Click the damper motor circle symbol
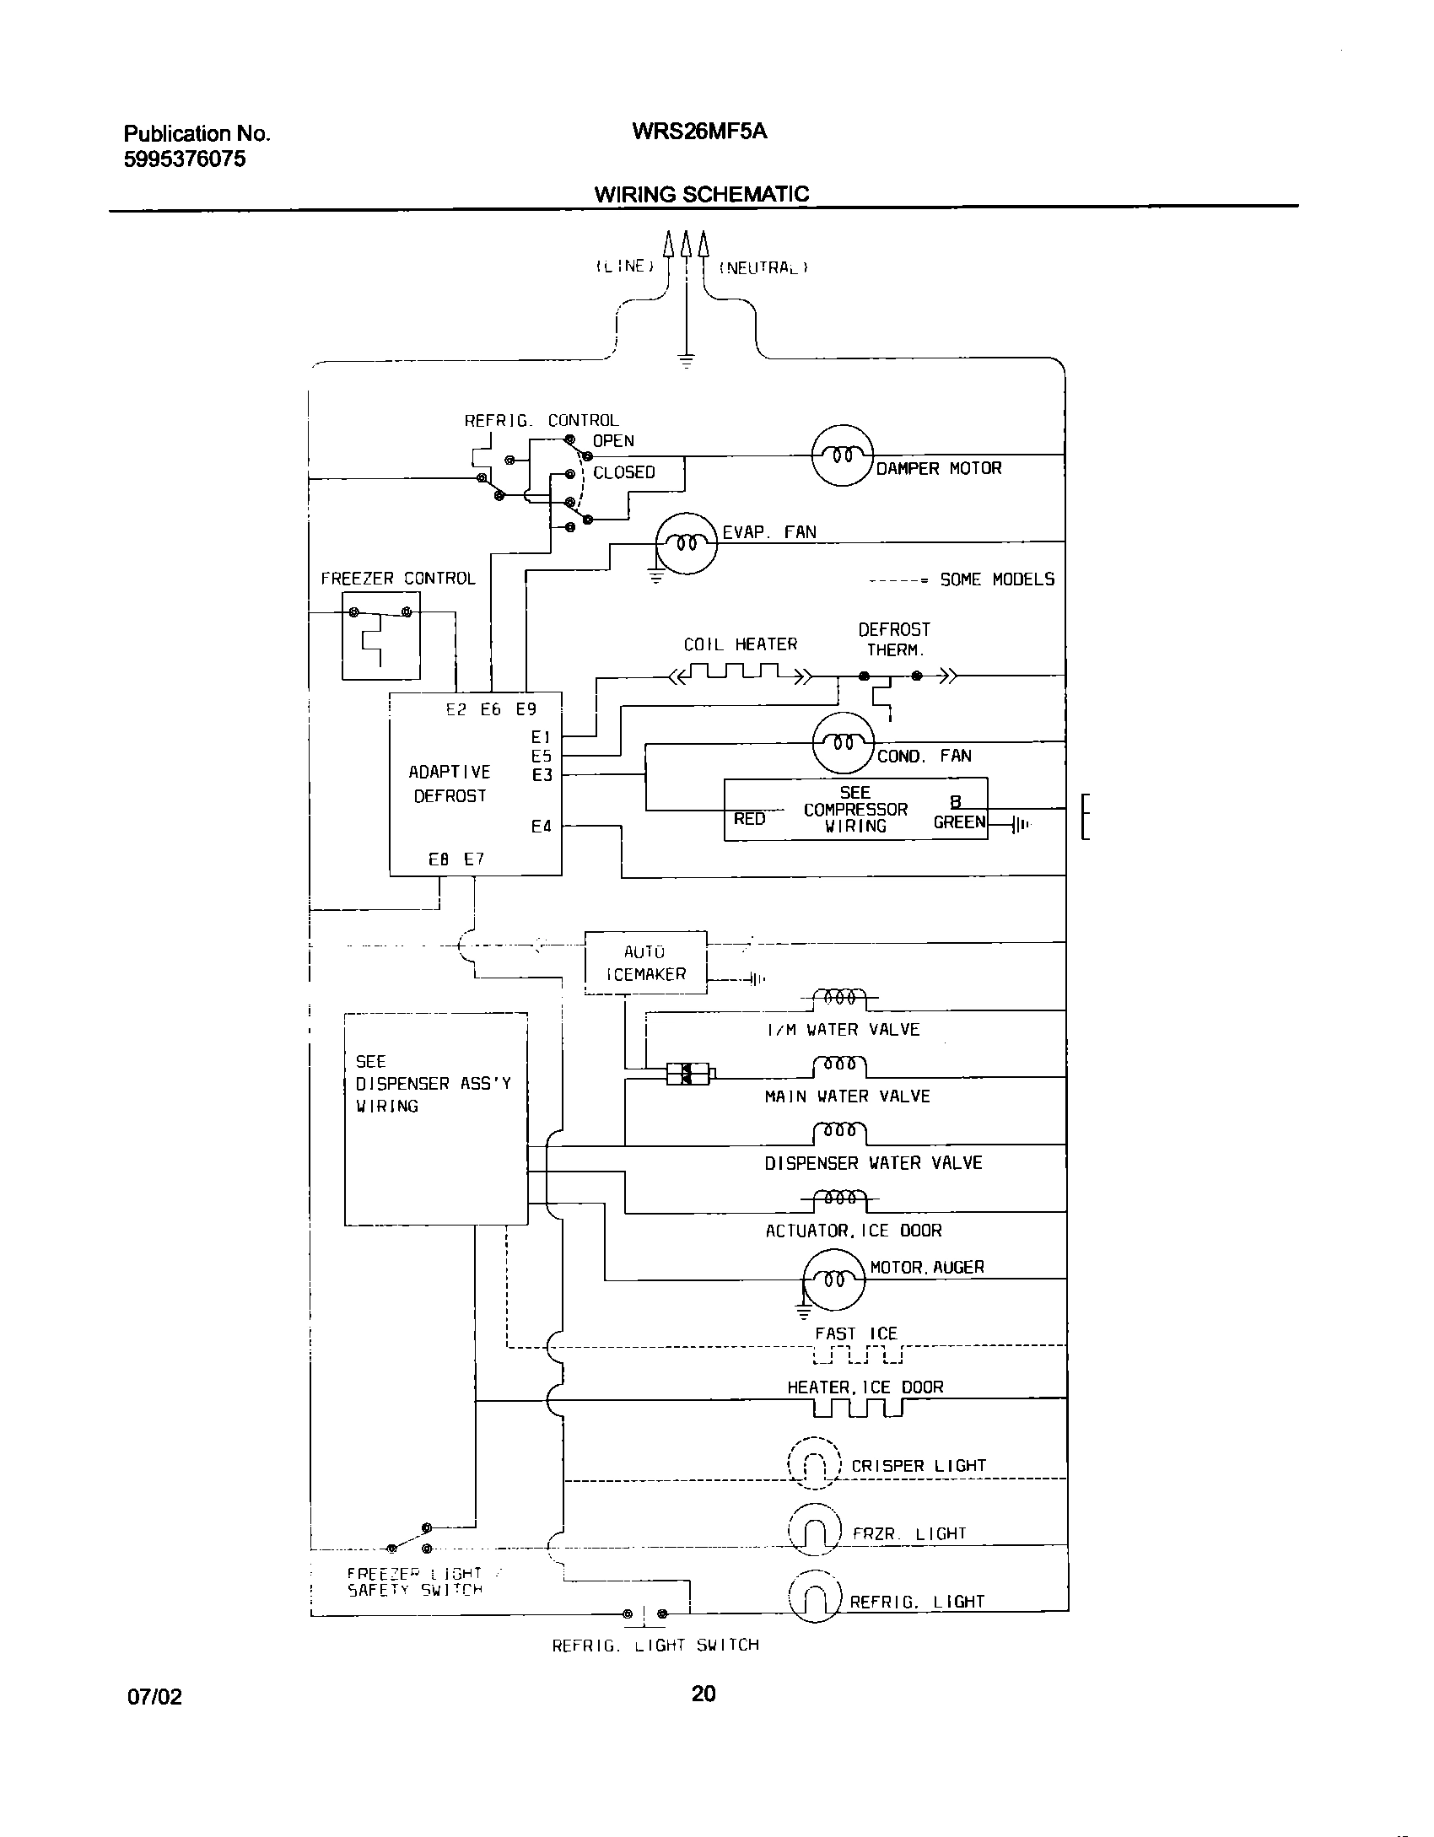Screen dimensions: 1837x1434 pyautogui.click(x=842, y=455)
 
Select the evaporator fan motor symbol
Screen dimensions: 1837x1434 pyautogui.click(x=687, y=544)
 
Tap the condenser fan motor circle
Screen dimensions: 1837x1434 pyautogui.click(x=843, y=743)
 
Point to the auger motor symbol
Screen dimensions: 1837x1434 pyautogui.click(x=833, y=1279)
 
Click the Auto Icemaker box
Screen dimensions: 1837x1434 pyautogui.click(x=645, y=963)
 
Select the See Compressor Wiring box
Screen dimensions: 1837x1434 pyautogui.click(x=855, y=810)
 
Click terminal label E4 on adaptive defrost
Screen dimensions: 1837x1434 pyautogui.click(x=541, y=827)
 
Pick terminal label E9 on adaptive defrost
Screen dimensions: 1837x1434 pyautogui.click(x=526, y=709)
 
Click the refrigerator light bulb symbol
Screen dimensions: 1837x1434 pyautogui.click(x=815, y=1597)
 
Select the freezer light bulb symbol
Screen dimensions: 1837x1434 pyautogui.click(x=815, y=1530)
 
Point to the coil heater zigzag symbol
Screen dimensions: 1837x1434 pyautogui.click(x=739, y=673)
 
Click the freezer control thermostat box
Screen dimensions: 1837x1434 pyautogui.click(x=380, y=635)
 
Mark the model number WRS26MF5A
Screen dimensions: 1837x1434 pyautogui.click(x=699, y=132)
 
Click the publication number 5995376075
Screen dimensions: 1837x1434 pyautogui.click(x=185, y=159)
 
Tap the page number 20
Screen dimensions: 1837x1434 pyautogui.click(x=703, y=1716)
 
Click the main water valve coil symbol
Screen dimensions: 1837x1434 pyautogui.click(x=839, y=1066)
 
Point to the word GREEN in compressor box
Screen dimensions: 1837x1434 pyautogui.click(x=959, y=822)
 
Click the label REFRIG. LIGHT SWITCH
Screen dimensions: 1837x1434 pyautogui.click(x=655, y=1646)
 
